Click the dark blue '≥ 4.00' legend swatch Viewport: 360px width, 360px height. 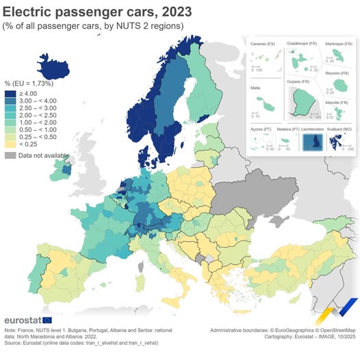tap(10, 94)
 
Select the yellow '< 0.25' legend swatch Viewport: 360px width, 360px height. tap(10, 144)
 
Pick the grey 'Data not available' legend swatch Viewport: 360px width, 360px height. tap(10, 155)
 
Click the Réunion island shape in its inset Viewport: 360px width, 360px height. tap(339, 86)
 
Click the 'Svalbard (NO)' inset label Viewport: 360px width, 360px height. tap(342, 129)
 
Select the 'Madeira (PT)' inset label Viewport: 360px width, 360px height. tap(285, 129)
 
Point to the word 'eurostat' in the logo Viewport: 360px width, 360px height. tap(23, 320)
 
